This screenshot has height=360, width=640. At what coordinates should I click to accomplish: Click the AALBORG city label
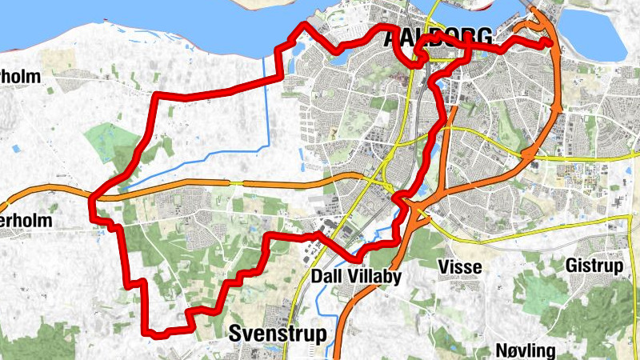(x=437, y=37)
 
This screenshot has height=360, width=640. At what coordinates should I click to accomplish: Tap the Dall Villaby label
(x=355, y=277)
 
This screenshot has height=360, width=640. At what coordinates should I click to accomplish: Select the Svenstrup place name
(x=278, y=334)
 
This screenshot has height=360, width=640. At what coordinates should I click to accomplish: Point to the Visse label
(x=460, y=267)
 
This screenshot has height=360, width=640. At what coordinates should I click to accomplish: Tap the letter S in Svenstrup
(x=235, y=334)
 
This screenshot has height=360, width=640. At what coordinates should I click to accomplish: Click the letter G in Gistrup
(x=570, y=265)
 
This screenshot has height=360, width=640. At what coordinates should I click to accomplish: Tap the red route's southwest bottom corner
(x=145, y=329)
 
